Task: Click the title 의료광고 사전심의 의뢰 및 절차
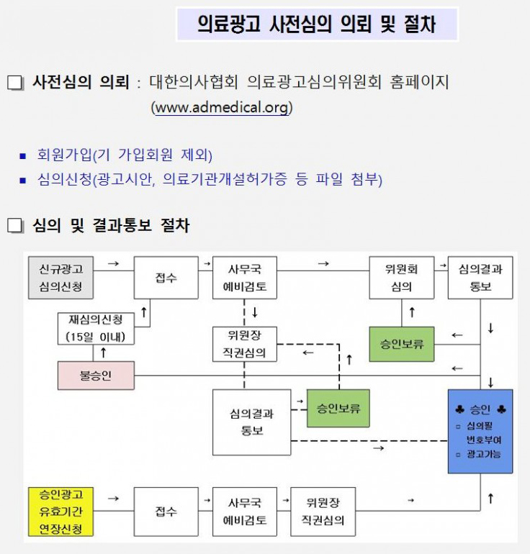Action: [x=316, y=25]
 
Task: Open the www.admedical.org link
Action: [x=221, y=108]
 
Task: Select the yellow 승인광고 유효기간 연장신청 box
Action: [x=60, y=512]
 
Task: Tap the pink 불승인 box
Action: [x=95, y=376]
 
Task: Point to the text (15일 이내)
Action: [x=95, y=337]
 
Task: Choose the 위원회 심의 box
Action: [x=401, y=278]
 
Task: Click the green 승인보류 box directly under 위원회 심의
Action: [x=402, y=344]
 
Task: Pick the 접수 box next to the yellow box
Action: [x=166, y=512]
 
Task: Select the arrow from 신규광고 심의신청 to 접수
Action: [x=113, y=264]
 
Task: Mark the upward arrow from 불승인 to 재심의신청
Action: [x=103, y=353]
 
